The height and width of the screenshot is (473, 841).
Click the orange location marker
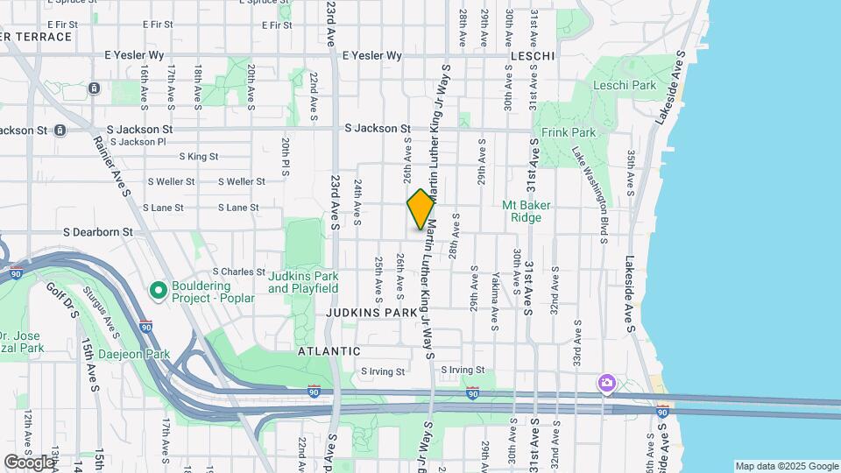coord(420,209)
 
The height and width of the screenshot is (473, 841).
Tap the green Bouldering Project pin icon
coord(159,289)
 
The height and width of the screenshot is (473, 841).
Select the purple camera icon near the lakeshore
coord(606,383)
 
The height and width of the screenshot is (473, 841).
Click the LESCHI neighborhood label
coord(532,56)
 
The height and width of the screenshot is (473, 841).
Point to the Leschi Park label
coord(625,86)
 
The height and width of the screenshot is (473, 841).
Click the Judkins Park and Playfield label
coord(303,282)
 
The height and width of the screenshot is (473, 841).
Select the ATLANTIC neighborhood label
coord(329,350)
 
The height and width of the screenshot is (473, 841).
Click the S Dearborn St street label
coord(98,233)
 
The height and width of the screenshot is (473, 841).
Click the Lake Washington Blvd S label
coord(591,184)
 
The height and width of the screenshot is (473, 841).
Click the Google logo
coord(29,462)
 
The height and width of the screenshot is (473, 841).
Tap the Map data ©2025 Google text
coord(787,466)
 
